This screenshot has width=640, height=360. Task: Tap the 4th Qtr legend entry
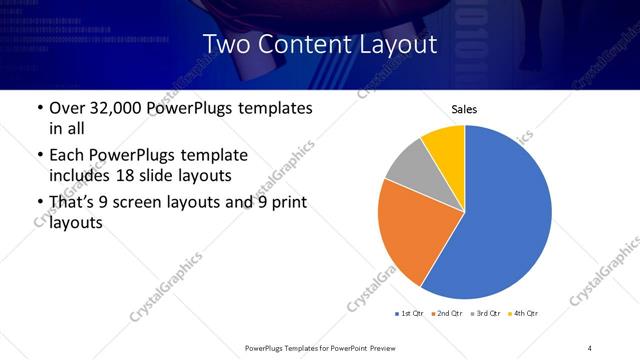[x=527, y=314]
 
